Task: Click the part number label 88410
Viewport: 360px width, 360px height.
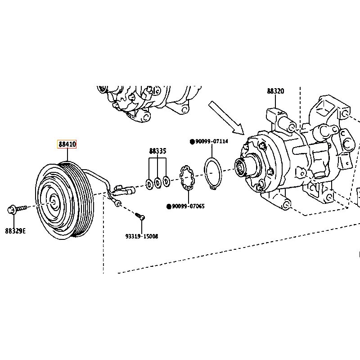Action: pyautogui.click(x=67, y=144)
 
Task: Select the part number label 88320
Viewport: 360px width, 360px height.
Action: pyautogui.click(x=275, y=91)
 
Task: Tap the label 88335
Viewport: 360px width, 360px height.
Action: pyautogui.click(x=157, y=151)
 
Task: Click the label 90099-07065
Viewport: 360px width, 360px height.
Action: pyautogui.click(x=188, y=207)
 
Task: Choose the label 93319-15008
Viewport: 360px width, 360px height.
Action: pyautogui.click(x=142, y=236)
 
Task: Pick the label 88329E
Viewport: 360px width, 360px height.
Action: pyautogui.click(x=15, y=231)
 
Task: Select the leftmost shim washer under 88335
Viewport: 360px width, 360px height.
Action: pyautogui.click(x=149, y=183)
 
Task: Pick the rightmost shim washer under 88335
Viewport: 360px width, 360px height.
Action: pyautogui.click(x=166, y=181)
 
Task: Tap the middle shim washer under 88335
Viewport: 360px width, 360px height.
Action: pyautogui.click(x=157, y=182)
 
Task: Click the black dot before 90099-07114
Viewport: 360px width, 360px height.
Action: pyautogui.click(x=192, y=142)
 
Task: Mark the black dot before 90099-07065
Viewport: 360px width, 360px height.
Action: pyautogui.click(x=169, y=207)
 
